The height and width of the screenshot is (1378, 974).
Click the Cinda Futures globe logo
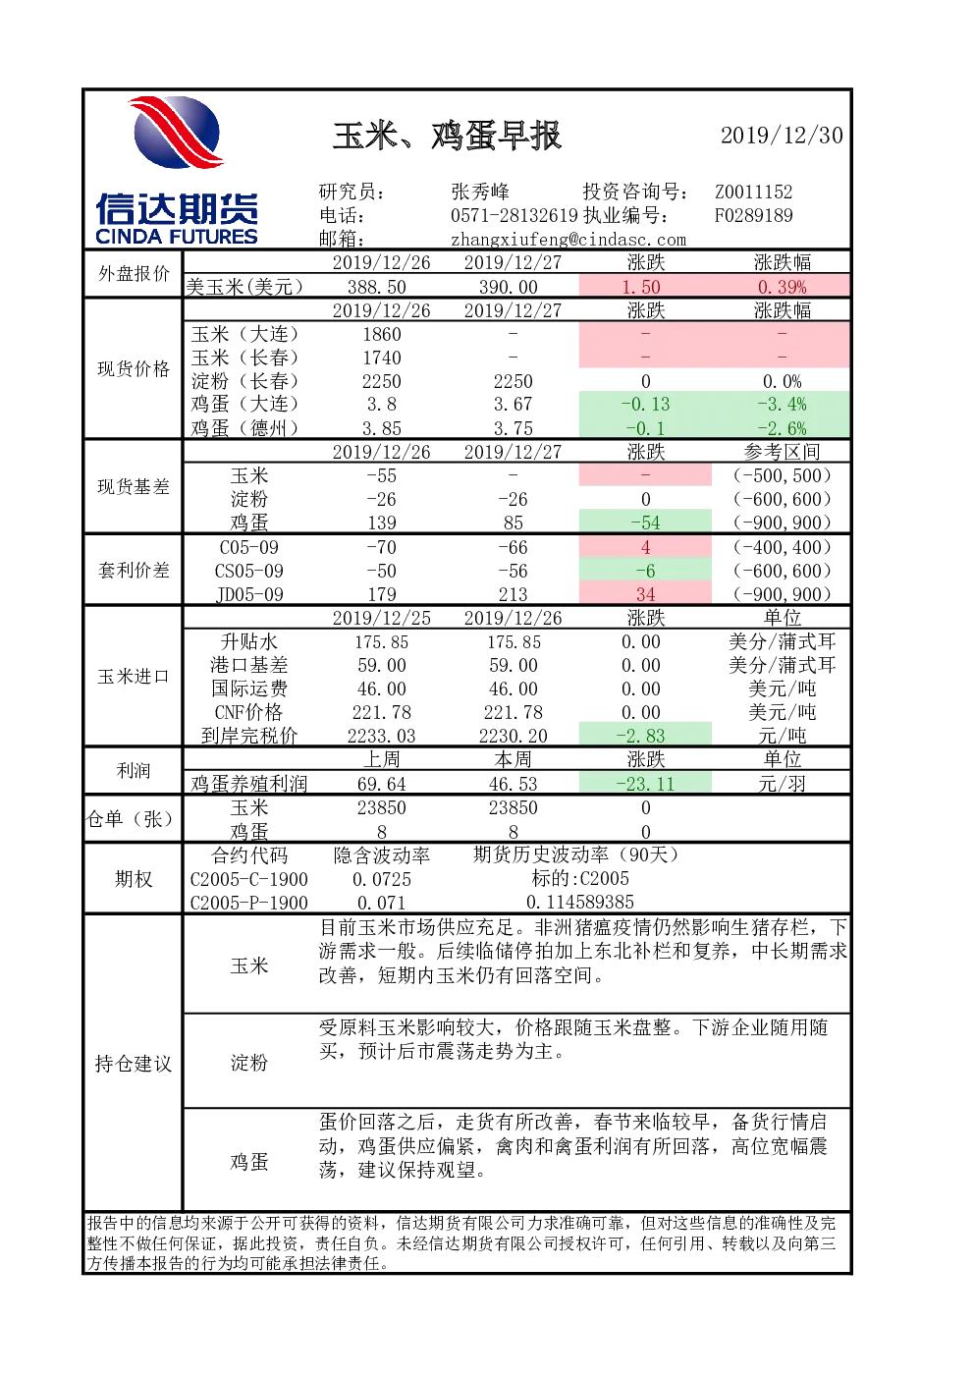[177, 133]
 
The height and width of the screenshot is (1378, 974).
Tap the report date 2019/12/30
[782, 136]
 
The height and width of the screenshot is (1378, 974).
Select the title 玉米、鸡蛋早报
[447, 136]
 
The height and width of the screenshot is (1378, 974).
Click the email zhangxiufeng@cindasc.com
[568, 239]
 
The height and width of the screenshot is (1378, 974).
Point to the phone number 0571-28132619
[514, 215]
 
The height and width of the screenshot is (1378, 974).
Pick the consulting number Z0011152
[753, 192]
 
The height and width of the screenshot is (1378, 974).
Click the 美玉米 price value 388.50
[381, 287]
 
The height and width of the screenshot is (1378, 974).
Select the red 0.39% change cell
[782, 287]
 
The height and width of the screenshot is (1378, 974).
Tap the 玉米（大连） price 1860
[381, 334]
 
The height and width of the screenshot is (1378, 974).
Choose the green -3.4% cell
[782, 405]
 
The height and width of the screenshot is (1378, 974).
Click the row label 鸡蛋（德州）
[244, 428]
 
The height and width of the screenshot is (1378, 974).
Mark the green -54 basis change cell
[645, 523]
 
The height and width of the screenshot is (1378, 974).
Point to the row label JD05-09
[249, 594]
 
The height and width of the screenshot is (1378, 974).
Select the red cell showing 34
[645, 594]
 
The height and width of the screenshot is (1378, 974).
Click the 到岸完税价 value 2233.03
[381, 736]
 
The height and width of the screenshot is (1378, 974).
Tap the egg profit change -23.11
[645, 784]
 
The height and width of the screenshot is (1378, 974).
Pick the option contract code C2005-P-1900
[249, 903]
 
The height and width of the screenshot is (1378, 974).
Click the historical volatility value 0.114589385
[580, 902]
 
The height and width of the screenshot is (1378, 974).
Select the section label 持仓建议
[134, 1063]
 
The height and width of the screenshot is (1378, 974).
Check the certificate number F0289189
[753, 215]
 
